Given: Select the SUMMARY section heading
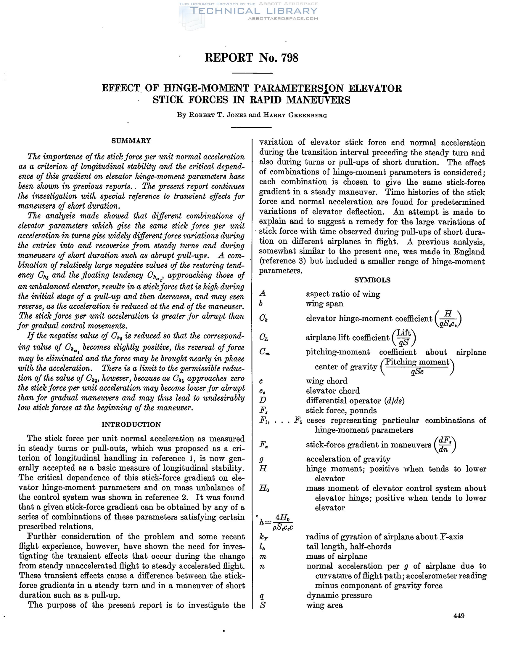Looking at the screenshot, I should pos(131,140).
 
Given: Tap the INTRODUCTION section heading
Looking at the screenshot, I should pos(131,424).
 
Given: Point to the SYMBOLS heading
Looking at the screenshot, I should pos(372,280).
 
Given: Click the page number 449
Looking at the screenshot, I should pos(459,616).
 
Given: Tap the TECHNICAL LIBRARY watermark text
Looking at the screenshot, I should pos(254,11).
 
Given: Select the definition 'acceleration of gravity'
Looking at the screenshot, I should pos(348,459).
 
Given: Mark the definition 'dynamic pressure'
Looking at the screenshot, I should pos(339,595).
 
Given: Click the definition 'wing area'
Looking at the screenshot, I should pos(325,605).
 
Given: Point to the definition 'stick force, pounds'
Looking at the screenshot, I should pos(341,410).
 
